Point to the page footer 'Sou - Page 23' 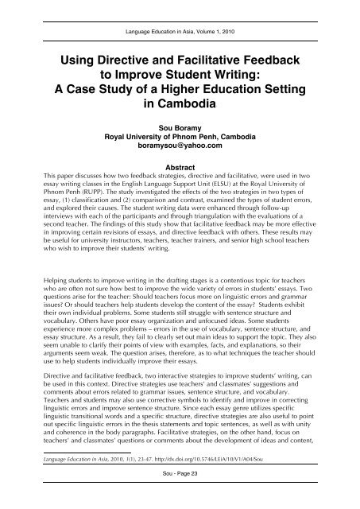180,493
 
